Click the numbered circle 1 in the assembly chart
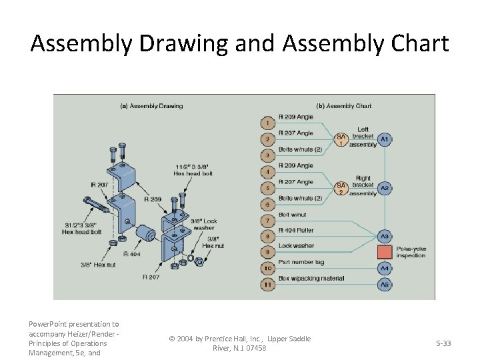267,123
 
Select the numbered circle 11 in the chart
267,285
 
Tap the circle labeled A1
385,139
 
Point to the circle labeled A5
385,285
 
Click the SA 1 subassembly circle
341,139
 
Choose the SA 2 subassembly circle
341,188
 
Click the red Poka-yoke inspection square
385,252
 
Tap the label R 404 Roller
296,230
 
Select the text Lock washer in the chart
297,246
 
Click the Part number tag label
301,262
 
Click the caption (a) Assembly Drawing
151,106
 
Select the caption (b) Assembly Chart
344,106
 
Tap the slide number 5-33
443,343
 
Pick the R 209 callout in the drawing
153,199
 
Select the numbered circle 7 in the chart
267,220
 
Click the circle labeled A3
385,236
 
